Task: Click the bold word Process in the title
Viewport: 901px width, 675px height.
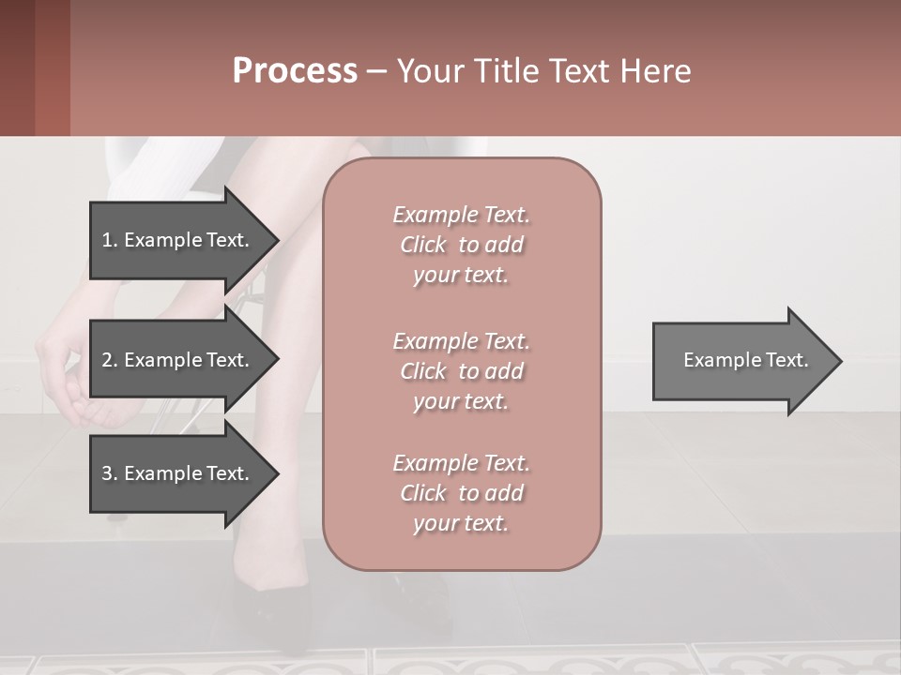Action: coord(295,71)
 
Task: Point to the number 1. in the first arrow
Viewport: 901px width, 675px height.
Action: coord(110,240)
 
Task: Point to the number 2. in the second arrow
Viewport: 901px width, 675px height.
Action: coord(110,360)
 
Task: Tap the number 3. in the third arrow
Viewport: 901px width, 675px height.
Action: coord(110,473)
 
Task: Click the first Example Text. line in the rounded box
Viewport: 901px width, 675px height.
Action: coord(461,215)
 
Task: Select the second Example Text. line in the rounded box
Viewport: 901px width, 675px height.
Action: coord(461,341)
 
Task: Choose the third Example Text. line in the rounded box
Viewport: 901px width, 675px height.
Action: coord(461,463)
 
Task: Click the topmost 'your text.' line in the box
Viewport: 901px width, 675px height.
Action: coord(461,276)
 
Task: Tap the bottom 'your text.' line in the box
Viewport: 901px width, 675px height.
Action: coord(461,524)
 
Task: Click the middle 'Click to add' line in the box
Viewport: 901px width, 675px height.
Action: coord(461,371)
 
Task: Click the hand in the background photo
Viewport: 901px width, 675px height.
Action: coord(66,375)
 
